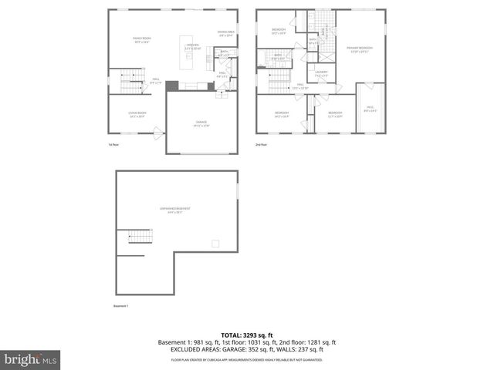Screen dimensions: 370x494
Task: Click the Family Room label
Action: click(141, 39)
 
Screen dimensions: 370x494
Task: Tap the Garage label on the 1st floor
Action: click(201, 124)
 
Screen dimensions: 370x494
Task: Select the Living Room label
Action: click(137, 114)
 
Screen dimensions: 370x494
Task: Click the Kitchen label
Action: click(193, 47)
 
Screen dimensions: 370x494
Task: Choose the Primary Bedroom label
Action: click(356, 49)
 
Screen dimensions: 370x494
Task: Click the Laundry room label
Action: click(322, 73)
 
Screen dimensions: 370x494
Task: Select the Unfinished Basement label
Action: click(176, 210)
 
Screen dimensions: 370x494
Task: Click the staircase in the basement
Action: click(135, 236)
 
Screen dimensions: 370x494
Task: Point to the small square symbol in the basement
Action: click(215, 244)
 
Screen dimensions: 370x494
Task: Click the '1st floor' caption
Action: click(114, 144)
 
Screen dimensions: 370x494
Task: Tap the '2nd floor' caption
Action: click(262, 144)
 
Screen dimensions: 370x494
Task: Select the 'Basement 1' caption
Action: click(120, 307)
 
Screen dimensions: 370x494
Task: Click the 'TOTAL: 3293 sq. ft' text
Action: click(247, 335)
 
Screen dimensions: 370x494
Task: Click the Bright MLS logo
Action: click(31, 359)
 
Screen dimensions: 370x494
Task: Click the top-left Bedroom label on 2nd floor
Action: click(279, 31)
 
